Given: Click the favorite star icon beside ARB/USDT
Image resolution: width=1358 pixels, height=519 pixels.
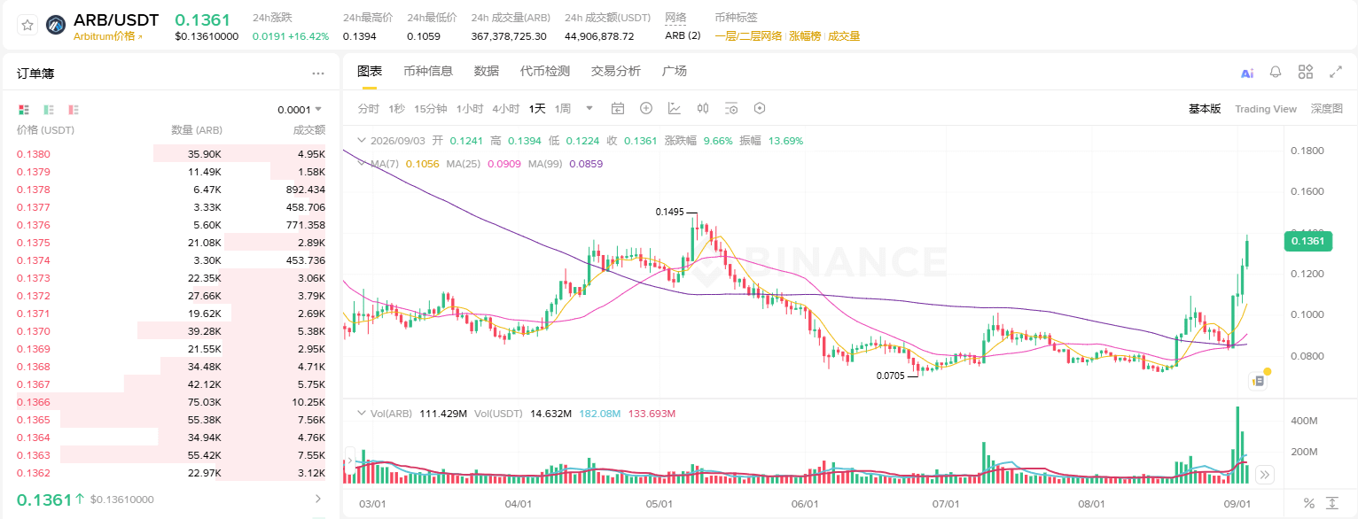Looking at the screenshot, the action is point(27,25).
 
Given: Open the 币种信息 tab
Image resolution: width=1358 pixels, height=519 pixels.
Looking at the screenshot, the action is point(428,71).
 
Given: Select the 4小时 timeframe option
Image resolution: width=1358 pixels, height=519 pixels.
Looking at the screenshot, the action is point(505,108).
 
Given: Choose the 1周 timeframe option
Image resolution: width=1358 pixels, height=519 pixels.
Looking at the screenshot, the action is point(563,108).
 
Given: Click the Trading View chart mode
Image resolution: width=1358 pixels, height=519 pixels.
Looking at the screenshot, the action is point(1266,109).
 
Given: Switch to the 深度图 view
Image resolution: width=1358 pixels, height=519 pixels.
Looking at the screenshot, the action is point(1326,108).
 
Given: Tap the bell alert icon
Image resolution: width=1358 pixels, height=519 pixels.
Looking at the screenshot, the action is point(1276,72).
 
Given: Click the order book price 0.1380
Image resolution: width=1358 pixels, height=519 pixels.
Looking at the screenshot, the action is point(34,154).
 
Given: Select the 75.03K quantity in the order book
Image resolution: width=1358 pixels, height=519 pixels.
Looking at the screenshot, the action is point(204,402).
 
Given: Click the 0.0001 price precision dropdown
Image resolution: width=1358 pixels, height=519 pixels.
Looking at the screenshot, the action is point(300,110).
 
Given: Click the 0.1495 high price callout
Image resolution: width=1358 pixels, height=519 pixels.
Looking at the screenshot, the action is point(669,212).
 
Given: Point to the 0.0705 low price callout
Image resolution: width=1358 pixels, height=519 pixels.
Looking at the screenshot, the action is point(890,376).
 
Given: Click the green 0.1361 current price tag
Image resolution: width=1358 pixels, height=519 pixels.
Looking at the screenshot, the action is point(1307,241).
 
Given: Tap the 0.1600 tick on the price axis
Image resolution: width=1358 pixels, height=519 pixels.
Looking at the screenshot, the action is point(1307,191).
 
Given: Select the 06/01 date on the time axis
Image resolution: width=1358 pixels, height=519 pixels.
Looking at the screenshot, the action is point(805,504).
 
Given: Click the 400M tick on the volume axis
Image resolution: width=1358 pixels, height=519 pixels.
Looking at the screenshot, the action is point(1304,421).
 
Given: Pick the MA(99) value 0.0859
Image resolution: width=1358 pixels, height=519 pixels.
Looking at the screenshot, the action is point(586,164).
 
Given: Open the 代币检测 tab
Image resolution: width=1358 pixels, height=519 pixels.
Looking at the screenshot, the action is point(544,71).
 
